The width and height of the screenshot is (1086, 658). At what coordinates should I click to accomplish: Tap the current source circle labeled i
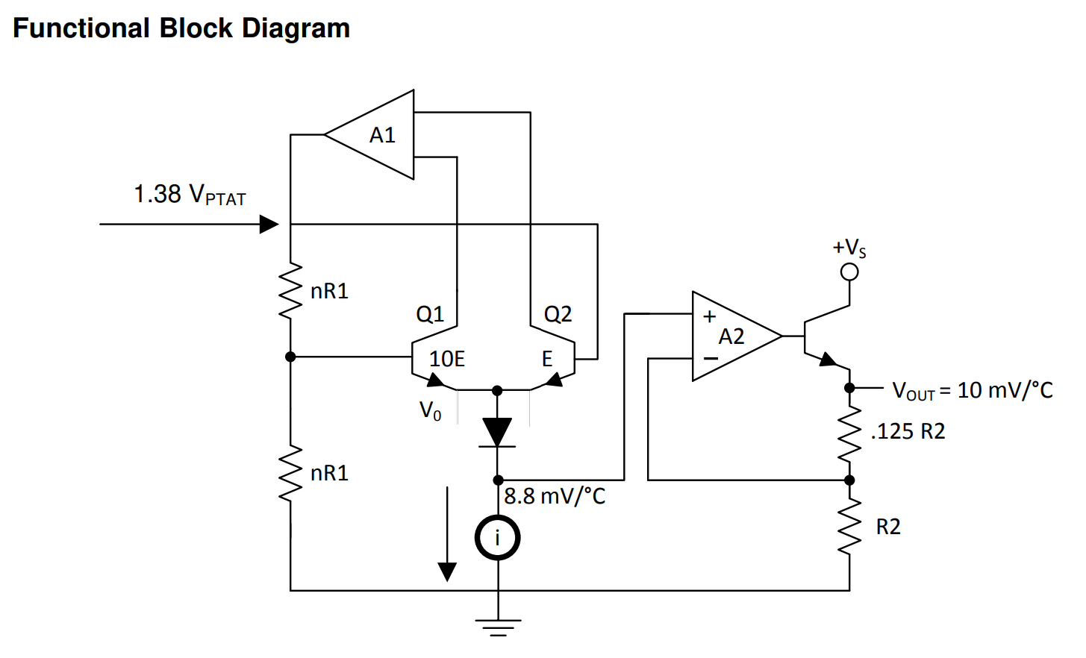pyautogui.click(x=497, y=538)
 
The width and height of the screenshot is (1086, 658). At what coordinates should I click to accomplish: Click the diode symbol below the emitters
pyautogui.click(x=497, y=432)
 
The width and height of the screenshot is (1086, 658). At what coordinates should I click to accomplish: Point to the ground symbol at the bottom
pyautogui.click(x=498, y=627)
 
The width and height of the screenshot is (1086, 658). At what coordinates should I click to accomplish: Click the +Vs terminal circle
pyautogui.click(x=849, y=272)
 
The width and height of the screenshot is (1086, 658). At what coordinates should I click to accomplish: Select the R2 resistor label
pyautogui.click(x=888, y=527)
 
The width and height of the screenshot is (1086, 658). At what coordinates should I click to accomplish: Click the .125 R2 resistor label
pyautogui.click(x=908, y=431)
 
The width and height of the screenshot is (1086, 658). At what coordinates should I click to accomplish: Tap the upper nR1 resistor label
pyautogui.click(x=330, y=291)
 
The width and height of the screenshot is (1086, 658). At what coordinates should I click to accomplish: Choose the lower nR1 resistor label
pyautogui.click(x=330, y=473)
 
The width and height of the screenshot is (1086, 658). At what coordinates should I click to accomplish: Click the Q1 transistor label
pyautogui.click(x=430, y=315)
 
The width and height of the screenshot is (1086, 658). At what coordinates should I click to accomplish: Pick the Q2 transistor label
pyautogui.click(x=558, y=315)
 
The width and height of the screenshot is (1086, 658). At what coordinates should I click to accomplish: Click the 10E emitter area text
pyautogui.click(x=447, y=359)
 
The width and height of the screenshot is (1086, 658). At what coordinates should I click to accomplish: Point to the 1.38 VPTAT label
pyautogui.click(x=190, y=195)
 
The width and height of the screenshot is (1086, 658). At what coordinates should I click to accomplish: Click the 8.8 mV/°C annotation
pyautogui.click(x=555, y=497)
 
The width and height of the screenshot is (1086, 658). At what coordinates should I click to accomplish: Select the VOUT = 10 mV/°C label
pyautogui.click(x=973, y=390)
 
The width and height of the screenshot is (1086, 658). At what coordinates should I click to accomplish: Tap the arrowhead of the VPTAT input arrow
pyautogui.click(x=269, y=225)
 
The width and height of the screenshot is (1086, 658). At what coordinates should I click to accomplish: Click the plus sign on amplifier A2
pyautogui.click(x=709, y=316)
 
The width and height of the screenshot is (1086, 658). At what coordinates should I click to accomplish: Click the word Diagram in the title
pyautogui.click(x=296, y=29)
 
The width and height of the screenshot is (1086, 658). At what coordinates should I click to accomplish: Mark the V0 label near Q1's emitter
pyautogui.click(x=430, y=411)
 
